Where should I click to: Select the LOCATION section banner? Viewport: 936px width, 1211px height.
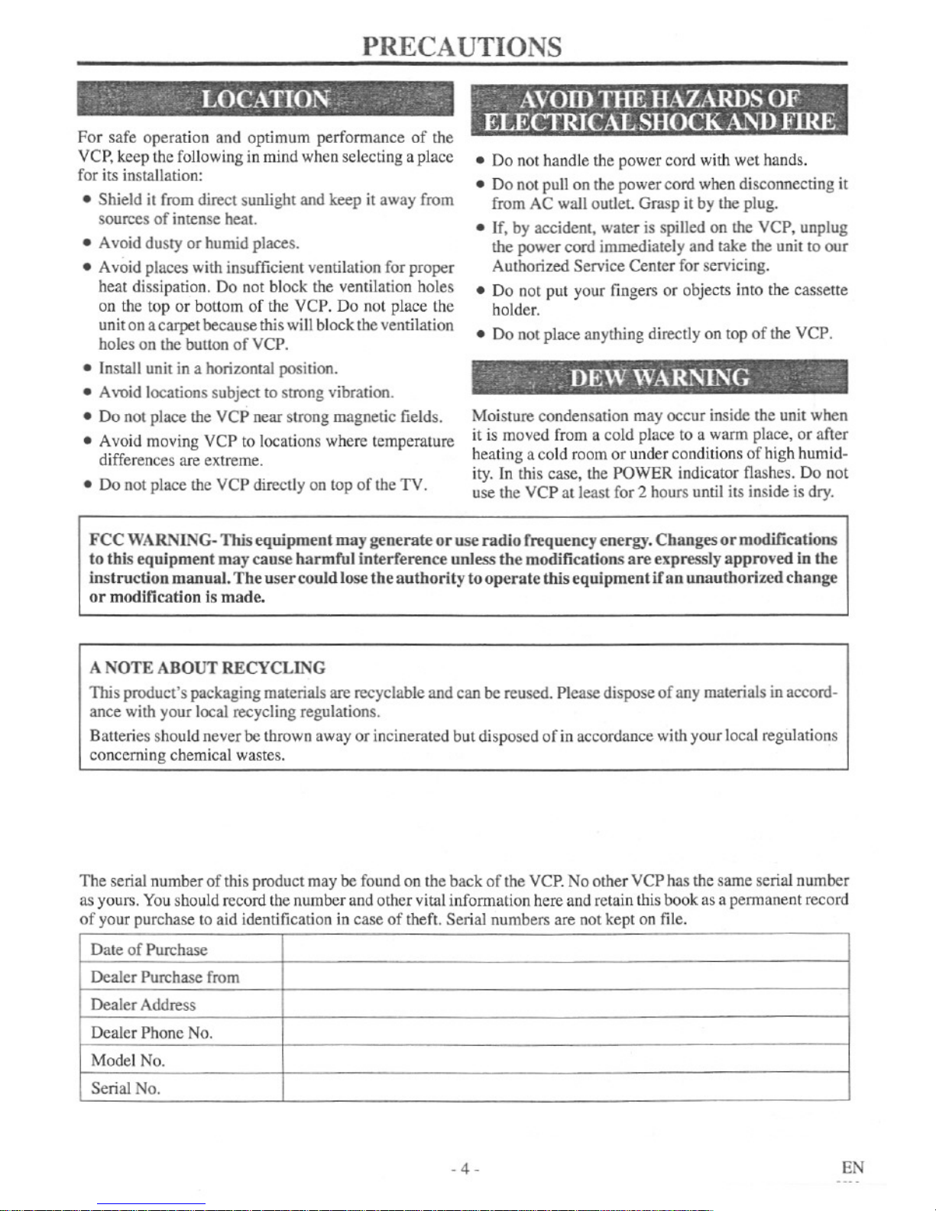[x=265, y=99]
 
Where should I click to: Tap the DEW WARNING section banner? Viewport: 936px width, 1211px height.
[x=659, y=377]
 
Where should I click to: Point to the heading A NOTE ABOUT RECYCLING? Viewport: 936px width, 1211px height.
[x=207, y=668]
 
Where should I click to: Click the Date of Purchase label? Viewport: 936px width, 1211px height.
[x=149, y=950]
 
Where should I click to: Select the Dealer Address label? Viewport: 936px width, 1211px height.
[x=143, y=1005]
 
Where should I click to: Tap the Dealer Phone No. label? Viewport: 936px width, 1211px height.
[x=151, y=1033]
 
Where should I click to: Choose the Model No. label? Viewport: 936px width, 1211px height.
[x=128, y=1060]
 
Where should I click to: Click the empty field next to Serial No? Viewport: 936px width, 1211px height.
[x=565, y=1087]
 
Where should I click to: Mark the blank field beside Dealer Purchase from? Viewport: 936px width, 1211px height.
[x=565, y=976]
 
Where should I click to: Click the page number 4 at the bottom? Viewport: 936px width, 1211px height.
[x=465, y=1169]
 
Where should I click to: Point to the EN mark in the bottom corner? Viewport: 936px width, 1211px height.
[x=853, y=1167]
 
